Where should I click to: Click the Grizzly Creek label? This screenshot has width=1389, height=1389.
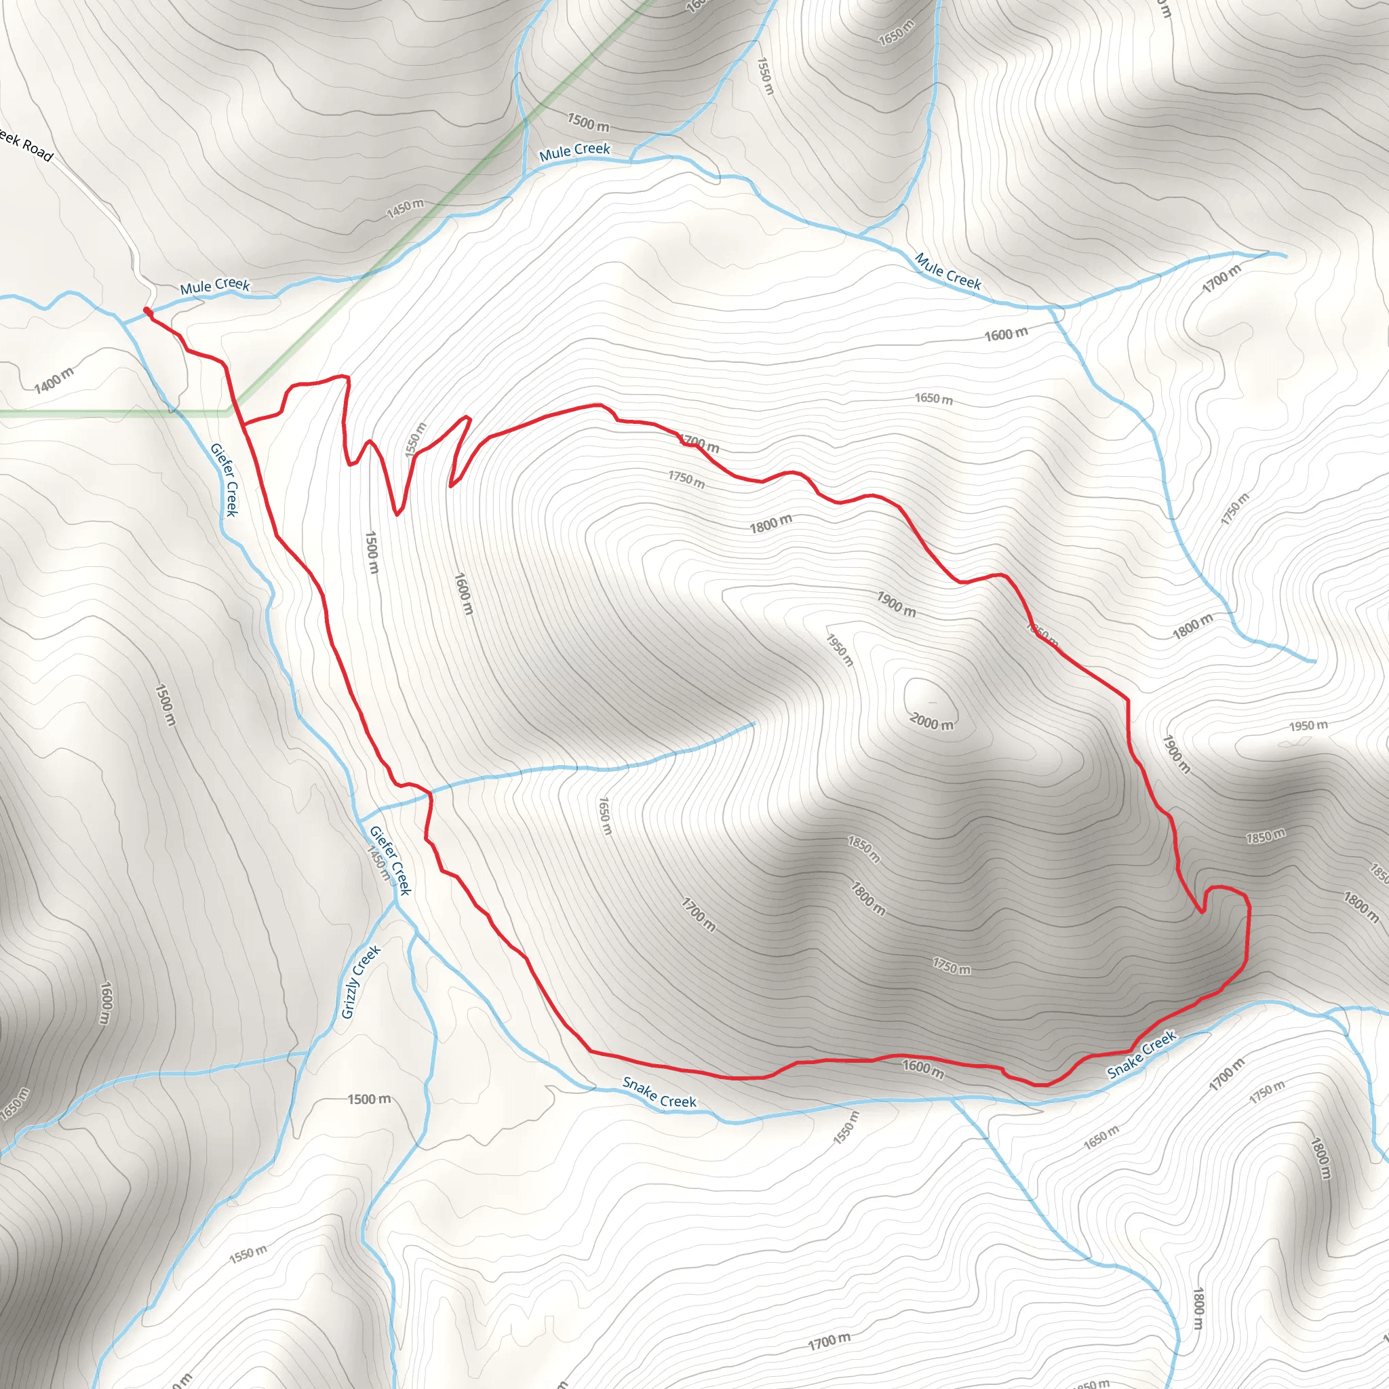click(361, 982)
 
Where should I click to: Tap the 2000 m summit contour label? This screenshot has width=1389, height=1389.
click(932, 721)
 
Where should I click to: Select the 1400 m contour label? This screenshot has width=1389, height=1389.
click(55, 380)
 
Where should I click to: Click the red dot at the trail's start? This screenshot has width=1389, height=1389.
click(146, 311)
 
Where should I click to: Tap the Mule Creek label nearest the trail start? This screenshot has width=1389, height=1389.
click(215, 286)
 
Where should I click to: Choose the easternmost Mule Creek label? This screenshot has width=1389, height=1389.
click(947, 271)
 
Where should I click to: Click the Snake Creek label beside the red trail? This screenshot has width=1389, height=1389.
click(1141, 1055)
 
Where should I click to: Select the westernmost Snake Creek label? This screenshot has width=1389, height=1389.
click(659, 1092)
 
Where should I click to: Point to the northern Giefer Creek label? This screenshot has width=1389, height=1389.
click(224, 480)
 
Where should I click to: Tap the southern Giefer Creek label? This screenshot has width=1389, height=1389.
click(391, 861)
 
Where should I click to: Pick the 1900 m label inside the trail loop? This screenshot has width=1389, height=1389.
click(896, 604)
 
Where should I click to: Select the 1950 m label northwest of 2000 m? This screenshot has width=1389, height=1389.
click(839, 650)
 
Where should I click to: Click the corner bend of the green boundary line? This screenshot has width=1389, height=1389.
click(229, 412)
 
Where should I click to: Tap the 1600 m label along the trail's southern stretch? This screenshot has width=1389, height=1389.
click(923, 1068)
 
